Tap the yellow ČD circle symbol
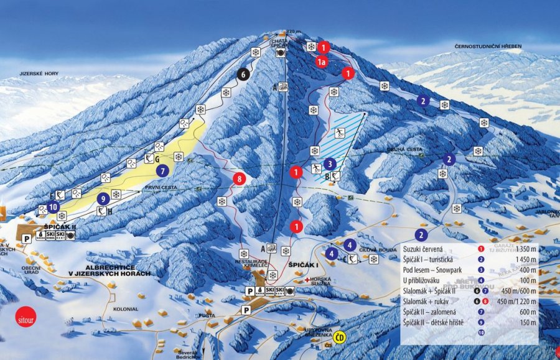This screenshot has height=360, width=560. pyautogui.click(x=339, y=338)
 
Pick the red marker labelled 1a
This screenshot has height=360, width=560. pyautogui.click(x=321, y=62)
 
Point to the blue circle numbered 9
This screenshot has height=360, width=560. pyautogui.click(x=102, y=199)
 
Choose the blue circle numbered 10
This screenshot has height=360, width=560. pyautogui.click(x=53, y=206)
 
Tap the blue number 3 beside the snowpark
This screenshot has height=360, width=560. pyautogui.click(x=330, y=164)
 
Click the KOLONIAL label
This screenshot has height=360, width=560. pyautogui.click(x=125, y=308)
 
